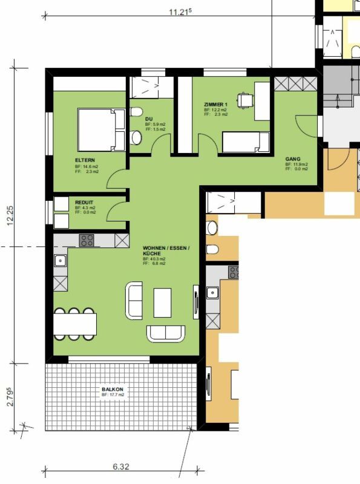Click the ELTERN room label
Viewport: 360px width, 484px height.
(x=85, y=160)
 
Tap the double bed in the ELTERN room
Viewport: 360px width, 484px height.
(x=101, y=129)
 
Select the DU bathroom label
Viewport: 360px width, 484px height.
(x=148, y=119)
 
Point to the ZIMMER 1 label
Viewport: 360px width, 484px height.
(x=216, y=104)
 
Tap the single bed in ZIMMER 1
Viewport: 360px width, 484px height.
(x=245, y=143)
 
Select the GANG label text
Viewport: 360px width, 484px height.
(x=293, y=159)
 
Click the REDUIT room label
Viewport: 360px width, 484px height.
(x=84, y=203)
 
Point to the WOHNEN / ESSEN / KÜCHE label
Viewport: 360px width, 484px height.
(x=166, y=251)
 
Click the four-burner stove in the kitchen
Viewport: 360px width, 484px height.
(x=87, y=240)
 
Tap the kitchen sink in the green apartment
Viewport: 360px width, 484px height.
(x=61, y=261)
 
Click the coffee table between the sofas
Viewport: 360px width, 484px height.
(x=162, y=302)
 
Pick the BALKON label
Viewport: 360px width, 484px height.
(x=113, y=389)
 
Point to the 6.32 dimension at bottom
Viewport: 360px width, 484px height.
(x=121, y=467)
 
